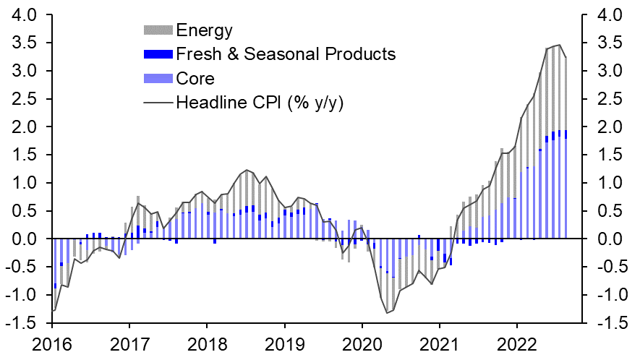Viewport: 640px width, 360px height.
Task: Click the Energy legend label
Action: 204,30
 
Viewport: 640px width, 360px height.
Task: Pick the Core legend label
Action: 195,78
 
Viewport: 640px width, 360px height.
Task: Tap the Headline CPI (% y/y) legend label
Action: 260,102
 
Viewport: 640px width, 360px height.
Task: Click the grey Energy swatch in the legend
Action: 158,30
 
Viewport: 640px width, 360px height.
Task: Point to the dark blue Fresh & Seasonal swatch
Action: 158,54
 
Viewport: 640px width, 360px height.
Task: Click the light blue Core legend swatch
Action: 158,78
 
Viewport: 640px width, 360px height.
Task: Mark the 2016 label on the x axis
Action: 53,343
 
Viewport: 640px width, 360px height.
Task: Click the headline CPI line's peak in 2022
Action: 559,45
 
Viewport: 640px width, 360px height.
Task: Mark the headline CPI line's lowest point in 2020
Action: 388,313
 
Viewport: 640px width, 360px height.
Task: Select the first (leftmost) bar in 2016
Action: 54,275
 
